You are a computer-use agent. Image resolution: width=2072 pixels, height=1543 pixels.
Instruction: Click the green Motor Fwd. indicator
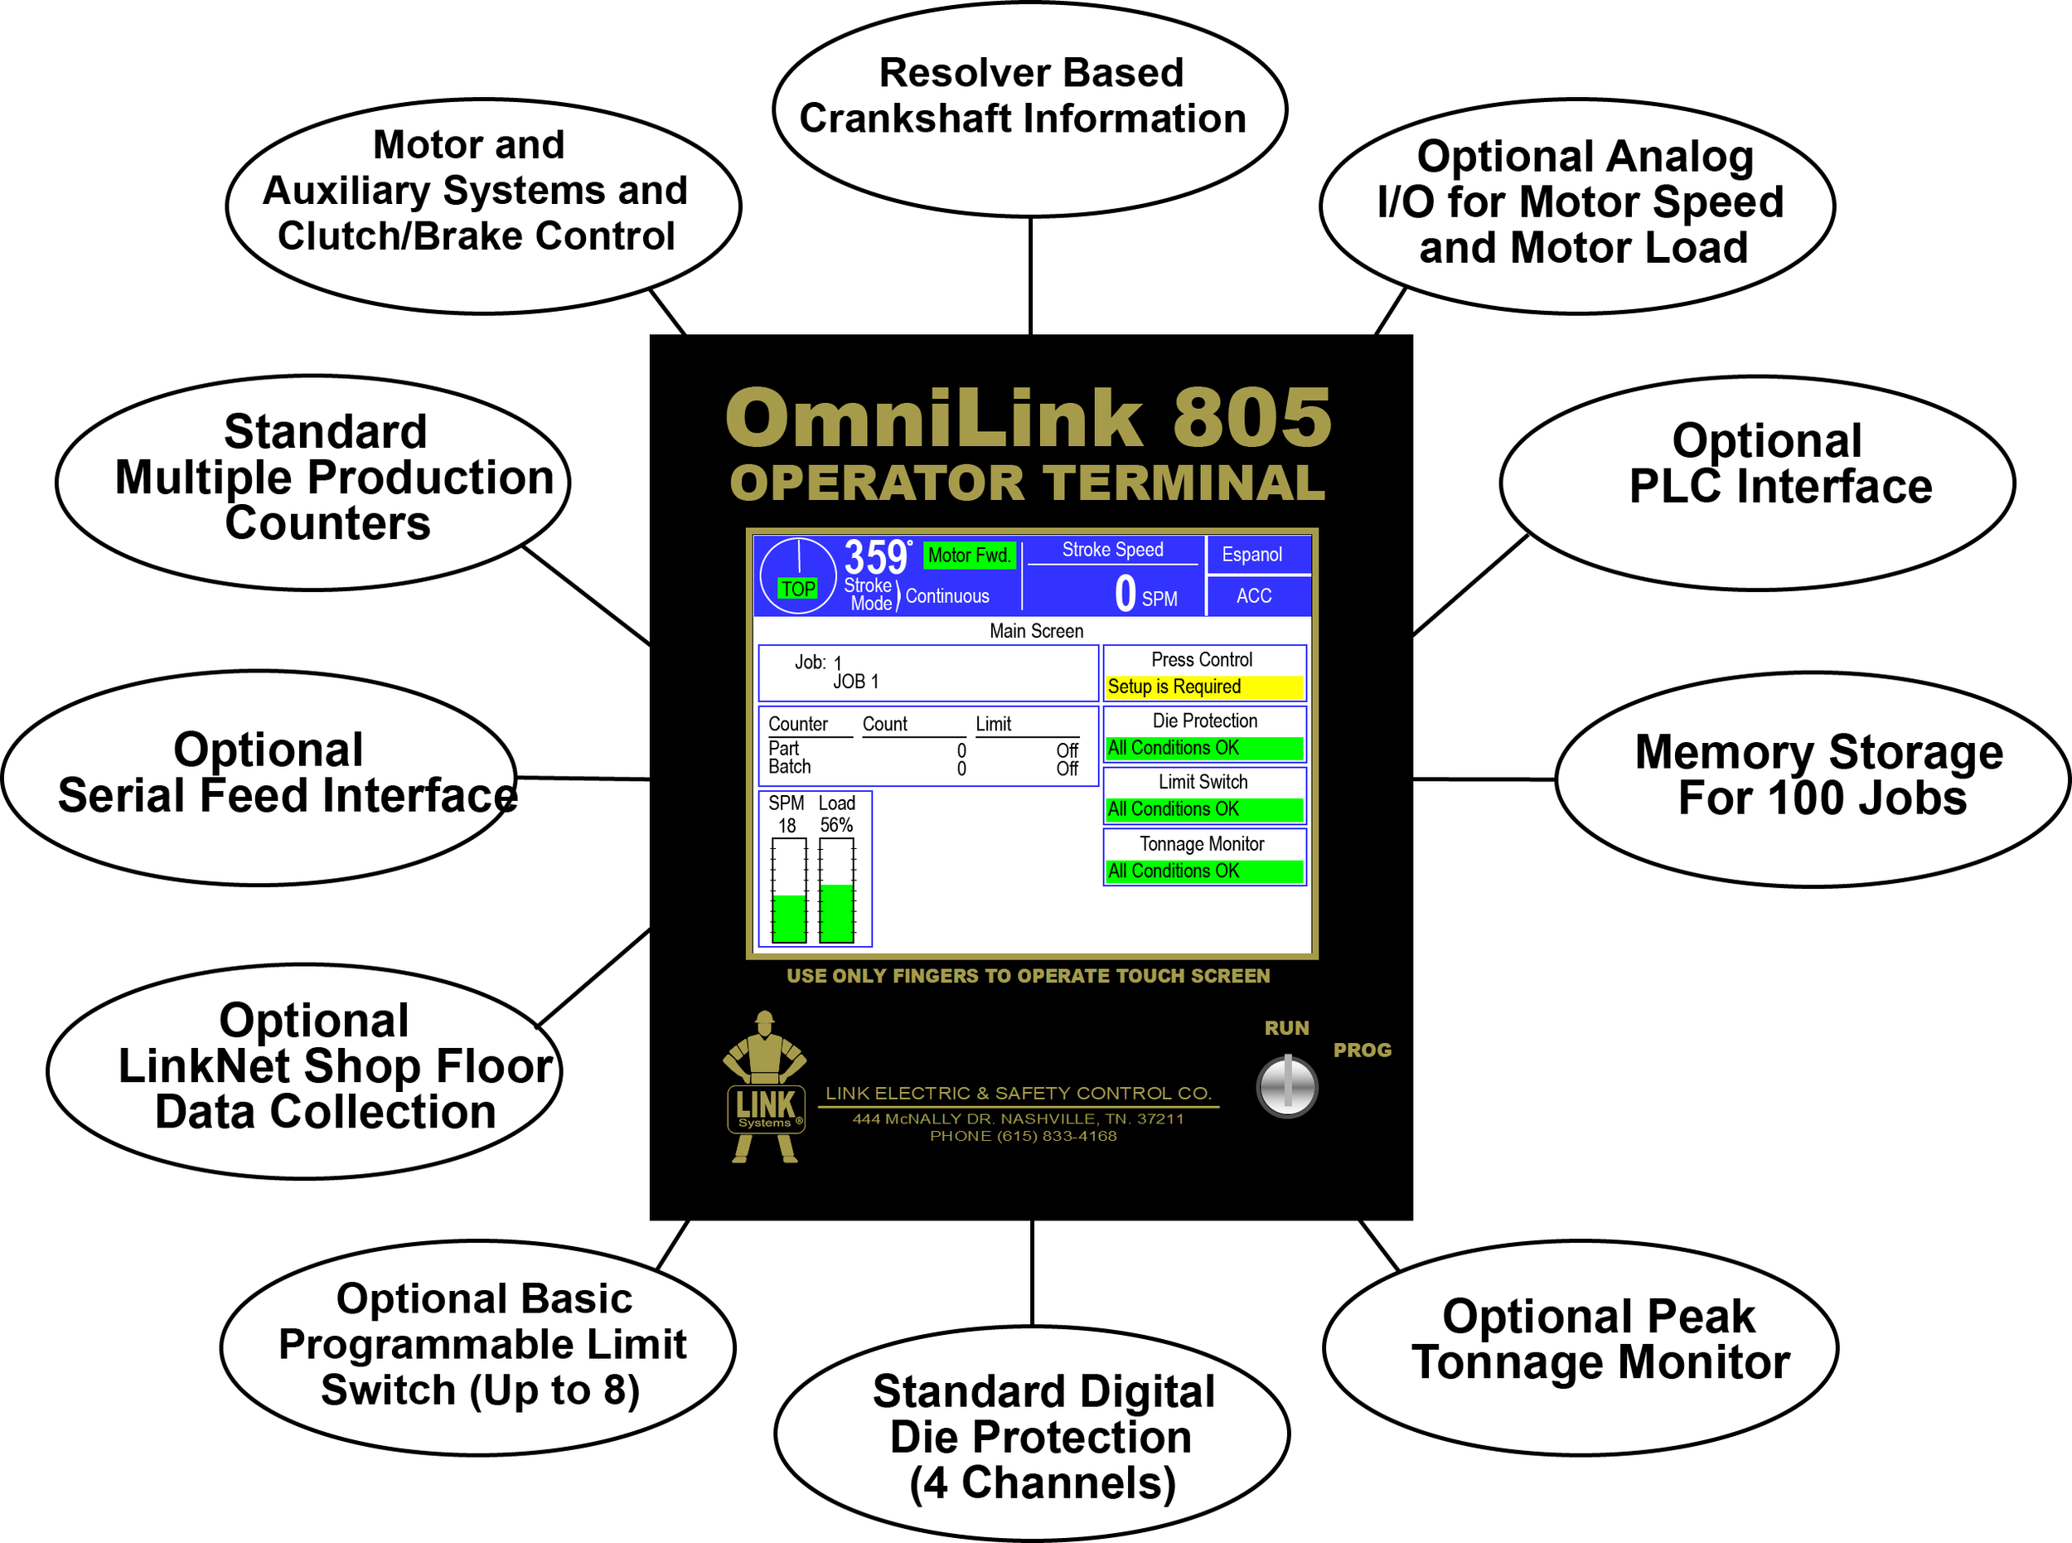point(968,556)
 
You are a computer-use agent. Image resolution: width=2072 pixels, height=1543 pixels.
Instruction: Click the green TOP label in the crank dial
point(798,590)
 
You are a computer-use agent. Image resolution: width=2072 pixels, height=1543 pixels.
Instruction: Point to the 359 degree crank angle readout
point(876,559)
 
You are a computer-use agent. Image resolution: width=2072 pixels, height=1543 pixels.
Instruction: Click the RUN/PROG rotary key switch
point(1287,1087)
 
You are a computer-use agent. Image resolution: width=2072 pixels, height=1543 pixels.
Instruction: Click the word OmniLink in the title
point(934,420)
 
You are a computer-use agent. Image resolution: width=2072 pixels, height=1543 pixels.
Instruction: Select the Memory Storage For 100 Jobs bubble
point(1812,777)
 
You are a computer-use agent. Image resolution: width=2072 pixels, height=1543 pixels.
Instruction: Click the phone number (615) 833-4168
point(1055,1137)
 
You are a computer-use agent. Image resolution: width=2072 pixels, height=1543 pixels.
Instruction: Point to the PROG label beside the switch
point(1362,1051)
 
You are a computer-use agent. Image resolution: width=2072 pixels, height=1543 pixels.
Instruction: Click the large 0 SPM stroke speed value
point(1126,594)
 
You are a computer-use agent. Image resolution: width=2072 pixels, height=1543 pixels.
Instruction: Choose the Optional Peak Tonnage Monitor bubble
point(1580,1346)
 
